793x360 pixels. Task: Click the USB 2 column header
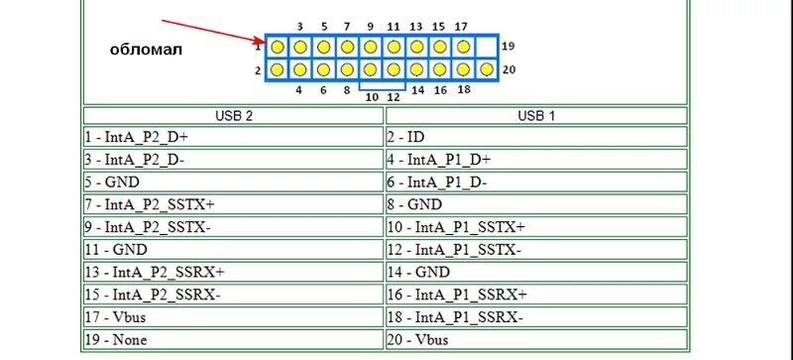tap(234, 115)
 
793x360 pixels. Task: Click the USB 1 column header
tap(535, 115)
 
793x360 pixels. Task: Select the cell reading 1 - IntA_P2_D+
tap(234, 137)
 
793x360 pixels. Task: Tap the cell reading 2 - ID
tap(535, 137)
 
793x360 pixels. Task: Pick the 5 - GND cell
tap(234, 182)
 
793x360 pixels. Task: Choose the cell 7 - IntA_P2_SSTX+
tap(234, 204)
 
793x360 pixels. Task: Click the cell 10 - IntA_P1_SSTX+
tap(535, 227)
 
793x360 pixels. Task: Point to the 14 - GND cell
tap(535, 272)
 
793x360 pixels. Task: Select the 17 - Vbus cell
tap(234, 317)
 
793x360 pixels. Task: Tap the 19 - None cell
tap(234, 339)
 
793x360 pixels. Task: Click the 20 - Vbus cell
tap(535, 339)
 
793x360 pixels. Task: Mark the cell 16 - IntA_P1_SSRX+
tap(535, 295)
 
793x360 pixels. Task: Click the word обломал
tap(146, 49)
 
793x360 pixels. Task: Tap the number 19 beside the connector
tap(509, 47)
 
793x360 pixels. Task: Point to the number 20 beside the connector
tap(509, 69)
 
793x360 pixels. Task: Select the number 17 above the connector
tap(461, 25)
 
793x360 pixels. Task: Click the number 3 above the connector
tap(299, 25)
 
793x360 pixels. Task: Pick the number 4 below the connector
tap(299, 90)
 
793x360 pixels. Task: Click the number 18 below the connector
tap(463, 90)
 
